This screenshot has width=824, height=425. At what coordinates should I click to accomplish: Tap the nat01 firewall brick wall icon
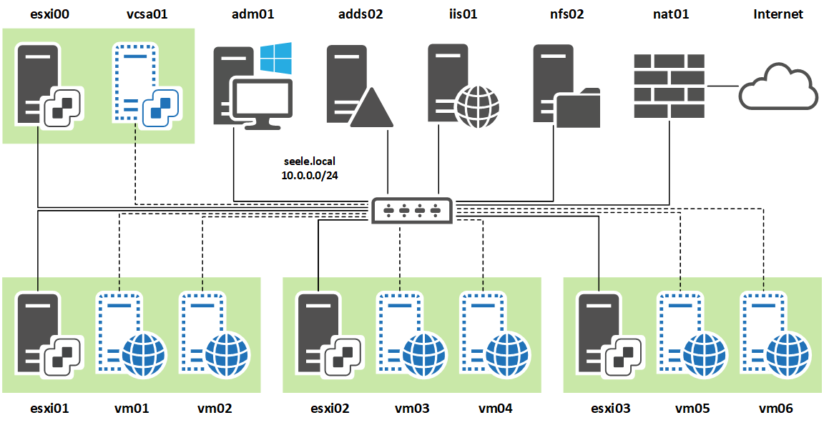[669, 86]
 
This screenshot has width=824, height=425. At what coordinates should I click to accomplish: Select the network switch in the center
[411, 211]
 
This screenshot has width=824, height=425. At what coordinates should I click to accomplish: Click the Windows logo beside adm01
[275, 59]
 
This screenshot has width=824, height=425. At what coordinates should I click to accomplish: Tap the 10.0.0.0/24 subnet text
[310, 176]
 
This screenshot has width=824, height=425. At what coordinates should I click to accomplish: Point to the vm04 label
[496, 408]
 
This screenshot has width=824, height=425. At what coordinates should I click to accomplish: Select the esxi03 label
[611, 408]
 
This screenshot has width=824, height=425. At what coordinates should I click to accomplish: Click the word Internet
[778, 14]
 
